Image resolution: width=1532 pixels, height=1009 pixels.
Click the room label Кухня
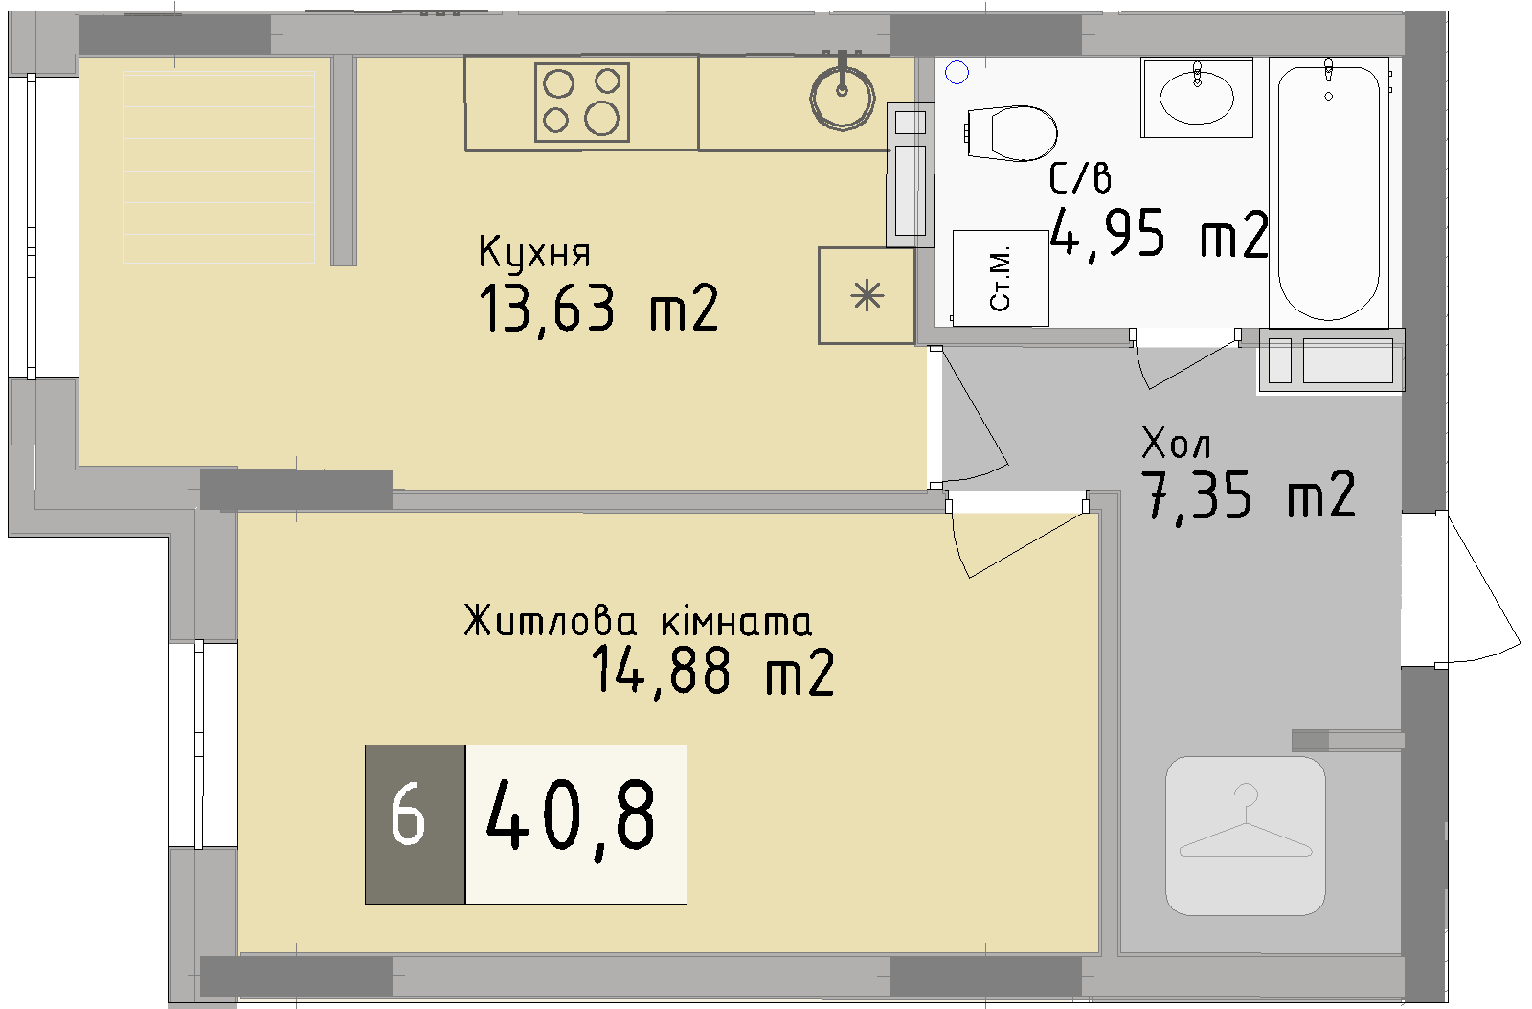click(x=534, y=253)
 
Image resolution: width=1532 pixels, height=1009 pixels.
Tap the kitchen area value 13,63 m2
click(x=598, y=309)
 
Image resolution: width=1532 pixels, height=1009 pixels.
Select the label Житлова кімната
click(x=638, y=621)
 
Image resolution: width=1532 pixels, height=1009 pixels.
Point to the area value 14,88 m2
click(x=711, y=671)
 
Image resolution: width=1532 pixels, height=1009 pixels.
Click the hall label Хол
click(x=1176, y=444)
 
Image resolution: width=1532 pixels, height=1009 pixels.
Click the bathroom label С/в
click(x=1080, y=179)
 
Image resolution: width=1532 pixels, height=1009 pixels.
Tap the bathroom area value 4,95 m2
click(x=1159, y=234)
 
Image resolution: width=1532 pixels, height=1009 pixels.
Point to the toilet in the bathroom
click(x=1011, y=132)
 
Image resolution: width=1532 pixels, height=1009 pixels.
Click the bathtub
click(x=1329, y=192)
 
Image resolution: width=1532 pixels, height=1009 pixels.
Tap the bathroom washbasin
click(x=1197, y=97)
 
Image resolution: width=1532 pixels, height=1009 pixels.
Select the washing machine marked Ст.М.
click(x=1001, y=278)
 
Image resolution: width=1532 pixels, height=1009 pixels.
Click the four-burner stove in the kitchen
click(x=581, y=103)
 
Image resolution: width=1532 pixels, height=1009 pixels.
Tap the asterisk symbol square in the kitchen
click(x=867, y=295)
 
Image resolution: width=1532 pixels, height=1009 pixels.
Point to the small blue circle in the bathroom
click(x=957, y=72)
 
